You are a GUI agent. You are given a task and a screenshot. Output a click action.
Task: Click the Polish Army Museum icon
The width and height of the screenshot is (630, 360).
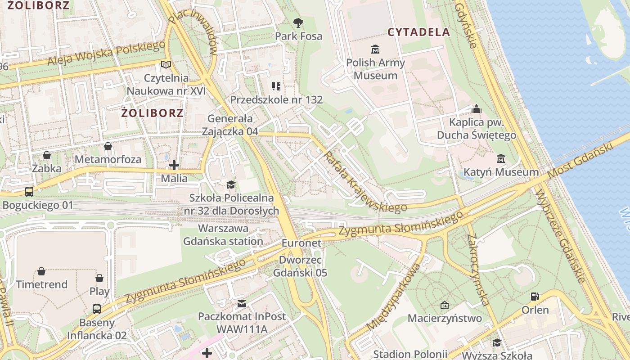375,49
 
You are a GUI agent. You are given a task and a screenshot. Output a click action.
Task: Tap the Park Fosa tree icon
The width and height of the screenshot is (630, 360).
298,22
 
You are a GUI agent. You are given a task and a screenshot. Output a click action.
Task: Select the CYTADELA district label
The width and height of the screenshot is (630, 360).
418,32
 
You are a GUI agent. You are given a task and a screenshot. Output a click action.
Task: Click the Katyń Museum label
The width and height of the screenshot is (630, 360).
501,172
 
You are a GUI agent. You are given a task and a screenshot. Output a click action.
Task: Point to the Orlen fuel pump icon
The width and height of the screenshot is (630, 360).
535,296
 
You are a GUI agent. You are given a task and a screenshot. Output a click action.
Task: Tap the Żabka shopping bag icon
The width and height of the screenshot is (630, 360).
47,155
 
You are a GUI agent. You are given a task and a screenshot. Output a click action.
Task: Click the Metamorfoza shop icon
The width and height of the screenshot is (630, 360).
108,146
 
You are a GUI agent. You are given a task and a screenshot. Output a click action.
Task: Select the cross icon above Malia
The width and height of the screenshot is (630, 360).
174,165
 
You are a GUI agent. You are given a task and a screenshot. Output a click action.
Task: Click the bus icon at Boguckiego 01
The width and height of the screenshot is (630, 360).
29,192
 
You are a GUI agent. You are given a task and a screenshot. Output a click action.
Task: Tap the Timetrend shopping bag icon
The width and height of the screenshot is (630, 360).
41,271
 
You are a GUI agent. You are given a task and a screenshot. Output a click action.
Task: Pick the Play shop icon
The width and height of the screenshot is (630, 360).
99,278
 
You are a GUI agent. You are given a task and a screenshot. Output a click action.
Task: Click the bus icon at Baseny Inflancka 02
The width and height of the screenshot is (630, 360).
97,309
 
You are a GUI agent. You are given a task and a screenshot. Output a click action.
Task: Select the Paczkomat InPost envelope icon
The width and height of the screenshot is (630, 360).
242,303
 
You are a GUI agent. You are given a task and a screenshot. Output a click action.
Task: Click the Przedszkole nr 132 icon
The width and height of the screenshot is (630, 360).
276,86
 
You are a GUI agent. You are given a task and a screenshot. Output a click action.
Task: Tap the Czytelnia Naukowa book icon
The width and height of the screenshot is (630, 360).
166,65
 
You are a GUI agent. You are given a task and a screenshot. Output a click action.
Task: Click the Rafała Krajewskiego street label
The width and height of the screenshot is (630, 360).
364,183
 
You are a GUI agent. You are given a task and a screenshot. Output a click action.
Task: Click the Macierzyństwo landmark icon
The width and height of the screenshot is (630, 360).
445,305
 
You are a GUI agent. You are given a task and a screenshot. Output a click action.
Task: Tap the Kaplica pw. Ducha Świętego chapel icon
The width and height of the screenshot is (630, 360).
477,109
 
